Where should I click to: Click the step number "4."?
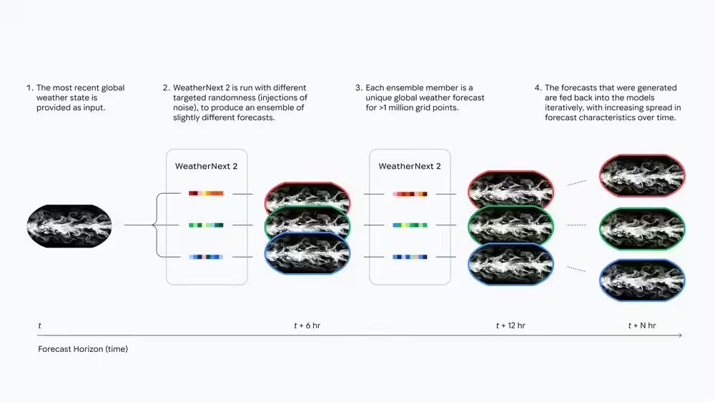(x=538, y=88)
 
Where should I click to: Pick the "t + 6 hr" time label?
(x=307, y=325)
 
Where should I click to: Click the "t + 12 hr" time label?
(x=511, y=325)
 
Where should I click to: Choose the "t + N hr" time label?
(x=642, y=325)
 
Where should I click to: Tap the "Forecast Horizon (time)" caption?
(x=83, y=349)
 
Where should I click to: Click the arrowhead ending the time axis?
(x=680, y=335)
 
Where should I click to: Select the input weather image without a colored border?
(x=69, y=226)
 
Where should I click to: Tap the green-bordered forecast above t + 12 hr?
(x=511, y=226)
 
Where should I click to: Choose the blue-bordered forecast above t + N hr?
(x=642, y=280)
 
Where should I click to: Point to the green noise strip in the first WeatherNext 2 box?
(x=206, y=225)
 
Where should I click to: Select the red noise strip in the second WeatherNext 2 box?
(x=410, y=193)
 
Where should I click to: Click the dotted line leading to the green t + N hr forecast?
(x=576, y=226)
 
